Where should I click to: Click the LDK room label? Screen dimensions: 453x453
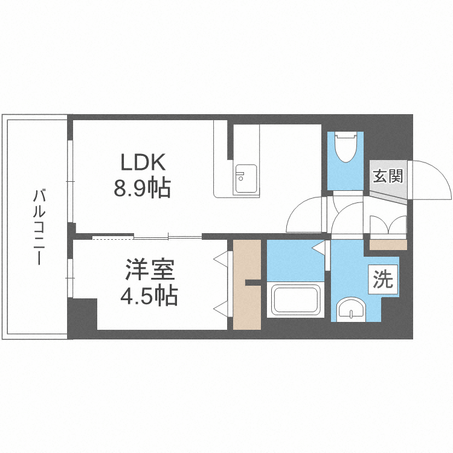coord(143,163)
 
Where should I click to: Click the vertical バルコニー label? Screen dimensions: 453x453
coord(38,226)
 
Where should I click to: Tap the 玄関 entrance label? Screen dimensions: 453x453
coord(387,176)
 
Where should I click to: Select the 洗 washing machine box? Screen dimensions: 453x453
coord(382,280)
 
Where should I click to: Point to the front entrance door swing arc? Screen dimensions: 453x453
coord(432,178)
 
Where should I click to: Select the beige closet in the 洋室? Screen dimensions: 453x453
coord(246,284)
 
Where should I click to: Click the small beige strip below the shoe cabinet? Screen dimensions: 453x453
coord(388,245)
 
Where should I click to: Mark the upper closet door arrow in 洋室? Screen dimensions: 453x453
coord(221,259)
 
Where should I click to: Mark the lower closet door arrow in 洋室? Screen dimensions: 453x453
coord(221,308)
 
